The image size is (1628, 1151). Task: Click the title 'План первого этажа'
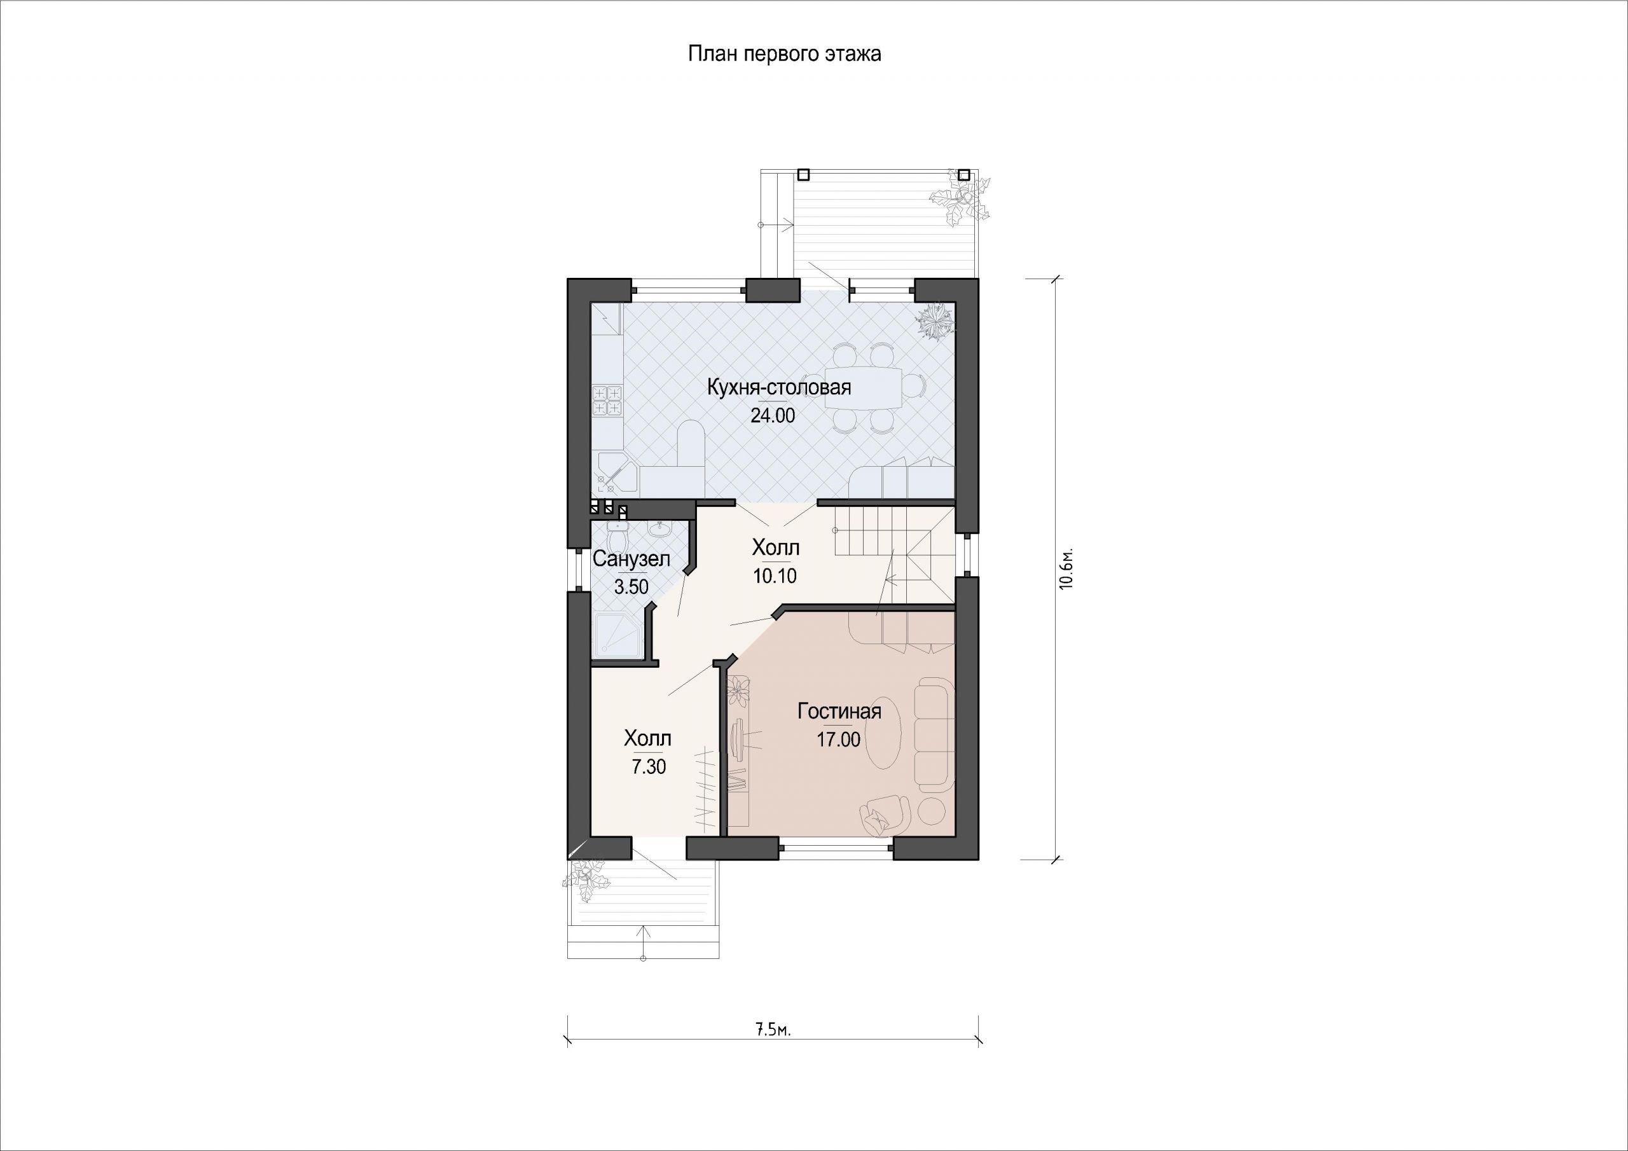[784, 54]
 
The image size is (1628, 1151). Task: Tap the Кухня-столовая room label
[779, 388]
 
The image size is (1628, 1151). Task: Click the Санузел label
[631, 559]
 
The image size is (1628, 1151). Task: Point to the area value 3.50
[631, 586]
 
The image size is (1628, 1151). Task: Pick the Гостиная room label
[839, 712]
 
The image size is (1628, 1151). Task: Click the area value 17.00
[838, 740]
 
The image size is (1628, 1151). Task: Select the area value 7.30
[648, 767]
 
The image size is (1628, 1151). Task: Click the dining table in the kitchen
[865, 388]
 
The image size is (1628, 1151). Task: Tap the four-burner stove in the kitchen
[607, 400]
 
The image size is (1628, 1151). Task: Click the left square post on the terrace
[803, 174]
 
